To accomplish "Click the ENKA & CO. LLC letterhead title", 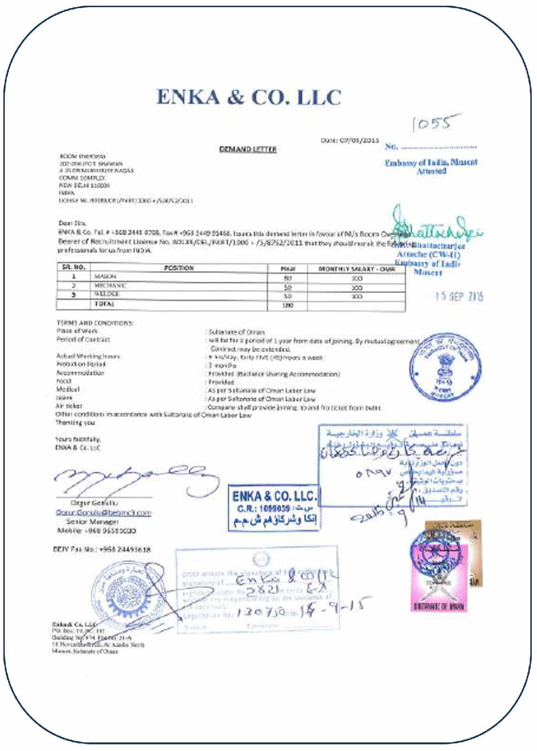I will pos(249,97).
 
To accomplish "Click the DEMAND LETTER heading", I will pos(248,149).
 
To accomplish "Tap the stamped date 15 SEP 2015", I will pos(458,296).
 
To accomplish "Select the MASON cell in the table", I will pos(105,276).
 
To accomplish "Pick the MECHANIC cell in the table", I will pos(110,286).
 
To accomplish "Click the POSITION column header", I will pos(179,268).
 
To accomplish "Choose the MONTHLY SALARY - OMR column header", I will pos(356,269).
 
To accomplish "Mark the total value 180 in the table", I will pos(287,305).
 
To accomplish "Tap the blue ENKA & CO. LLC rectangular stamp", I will pos(274,508).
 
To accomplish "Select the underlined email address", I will pos(103,513).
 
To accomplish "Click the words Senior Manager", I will pos(92,522).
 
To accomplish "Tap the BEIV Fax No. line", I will pos(102,550).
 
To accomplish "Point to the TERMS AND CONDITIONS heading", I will pos(95,323).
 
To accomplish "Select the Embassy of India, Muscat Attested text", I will pos(431,167).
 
